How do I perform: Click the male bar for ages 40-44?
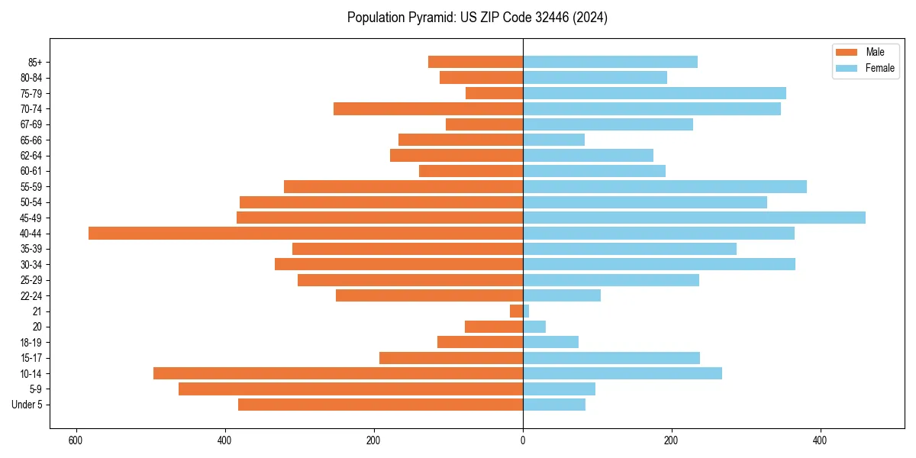click(x=305, y=234)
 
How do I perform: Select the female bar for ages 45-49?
click(x=694, y=218)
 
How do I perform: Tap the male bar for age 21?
click(x=517, y=311)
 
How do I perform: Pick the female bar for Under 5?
click(x=554, y=405)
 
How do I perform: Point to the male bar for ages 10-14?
click(x=338, y=373)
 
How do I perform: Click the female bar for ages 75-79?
click(x=654, y=93)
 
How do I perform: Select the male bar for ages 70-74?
click(x=428, y=109)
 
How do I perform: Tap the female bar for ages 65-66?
click(x=553, y=140)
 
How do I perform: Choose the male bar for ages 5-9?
click(x=350, y=389)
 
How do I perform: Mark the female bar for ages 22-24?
click(x=562, y=295)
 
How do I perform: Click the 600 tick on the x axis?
click(x=75, y=440)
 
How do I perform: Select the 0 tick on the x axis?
click(x=523, y=440)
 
